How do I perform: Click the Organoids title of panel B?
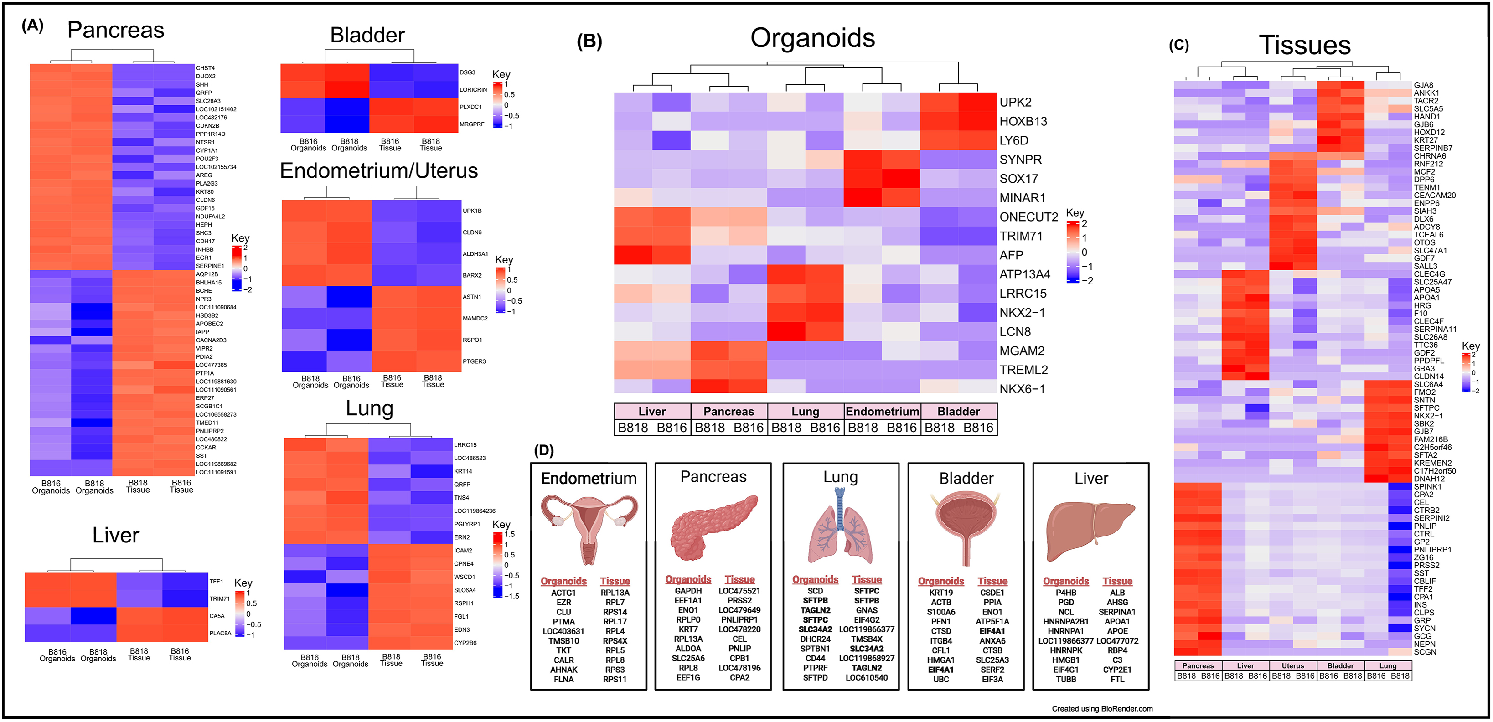click(812, 38)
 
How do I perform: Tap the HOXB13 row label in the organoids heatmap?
click(1023, 122)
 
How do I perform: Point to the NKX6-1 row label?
click(1022, 389)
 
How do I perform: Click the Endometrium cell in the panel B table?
click(882, 412)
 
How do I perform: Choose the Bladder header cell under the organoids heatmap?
click(959, 412)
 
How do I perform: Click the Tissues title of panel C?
click(1305, 45)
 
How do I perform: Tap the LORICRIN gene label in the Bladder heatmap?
click(473, 90)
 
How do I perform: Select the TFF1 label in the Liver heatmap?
click(216, 581)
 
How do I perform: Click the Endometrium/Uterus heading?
click(379, 171)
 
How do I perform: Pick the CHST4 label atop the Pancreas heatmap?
click(205, 68)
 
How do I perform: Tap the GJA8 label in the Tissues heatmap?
click(1423, 85)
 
